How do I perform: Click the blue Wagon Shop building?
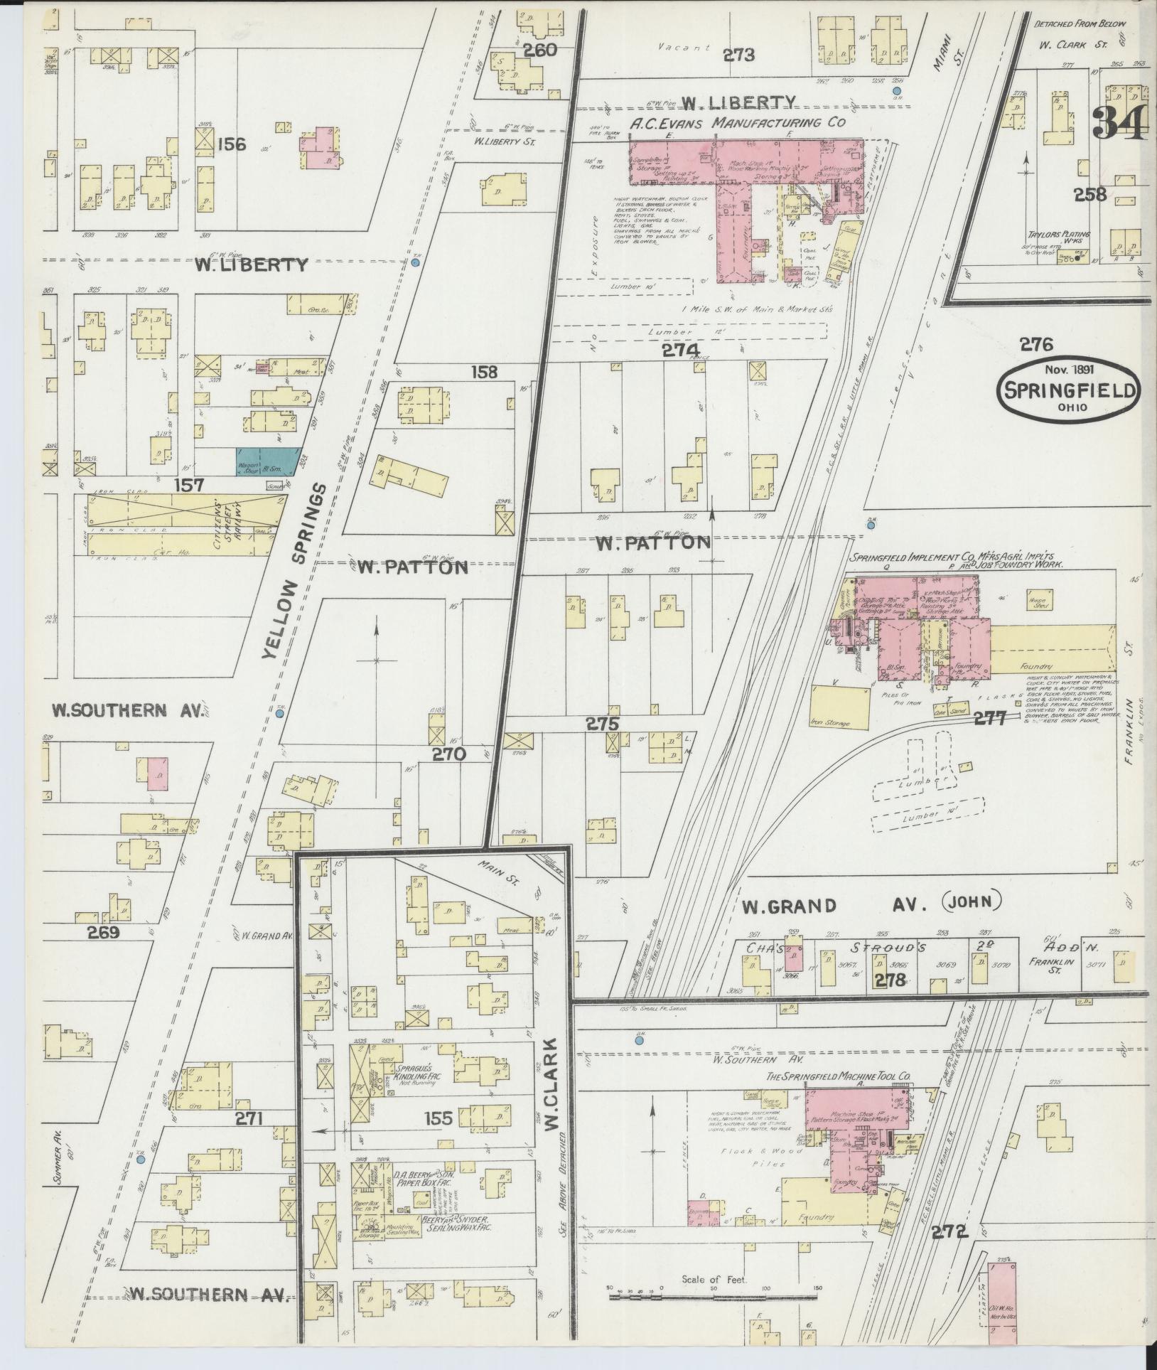point(267,461)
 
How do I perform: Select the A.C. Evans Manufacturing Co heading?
point(738,123)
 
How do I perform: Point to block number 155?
point(436,1118)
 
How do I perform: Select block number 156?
point(231,144)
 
